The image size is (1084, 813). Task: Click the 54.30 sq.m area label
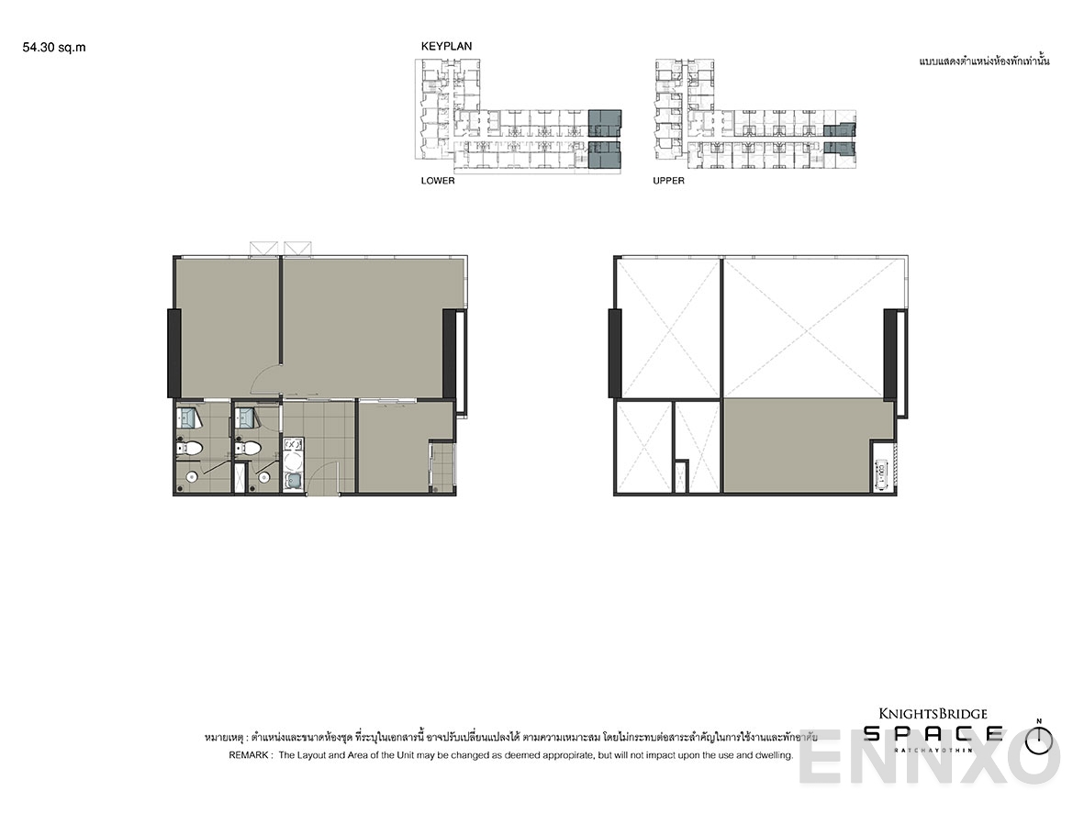pyautogui.click(x=54, y=48)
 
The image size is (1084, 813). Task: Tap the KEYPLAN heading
pyautogui.click(x=446, y=46)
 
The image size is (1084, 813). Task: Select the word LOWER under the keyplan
pyautogui.click(x=438, y=181)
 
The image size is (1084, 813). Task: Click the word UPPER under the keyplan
pyautogui.click(x=668, y=181)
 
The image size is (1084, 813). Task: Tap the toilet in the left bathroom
pyautogui.click(x=190, y=450)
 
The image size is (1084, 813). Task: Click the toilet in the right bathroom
pyautogui.click(x=249, y=450)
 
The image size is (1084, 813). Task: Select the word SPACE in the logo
pyautogui.click(x=933, y=733)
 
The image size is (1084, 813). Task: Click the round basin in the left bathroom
pyautogui.click(x=191, y=477)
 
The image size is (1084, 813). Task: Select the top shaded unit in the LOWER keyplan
pyautogui.click(x=604, y=122)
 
